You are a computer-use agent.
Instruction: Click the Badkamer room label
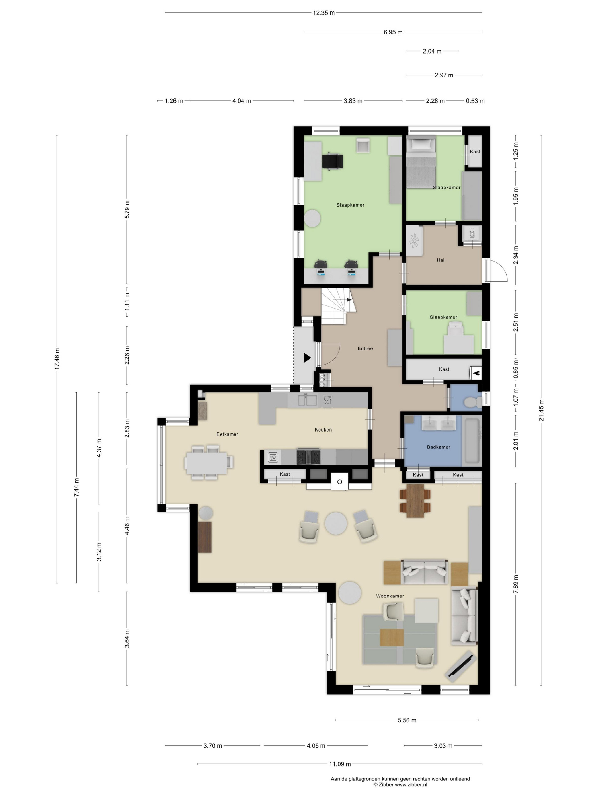point(438,447)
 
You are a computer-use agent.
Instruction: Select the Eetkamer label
point(227,434)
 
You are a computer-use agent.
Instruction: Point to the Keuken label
point(323,430)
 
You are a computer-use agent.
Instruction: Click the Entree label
point(365,348)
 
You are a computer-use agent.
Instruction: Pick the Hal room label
point(441,260)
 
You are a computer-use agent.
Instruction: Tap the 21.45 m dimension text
point(541,410)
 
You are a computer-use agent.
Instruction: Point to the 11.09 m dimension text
point(339,764)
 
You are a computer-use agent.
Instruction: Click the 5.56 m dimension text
point(407,720)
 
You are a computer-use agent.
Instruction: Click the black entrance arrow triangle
point(307,358)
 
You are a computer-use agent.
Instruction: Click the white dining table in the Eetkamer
point(206,463)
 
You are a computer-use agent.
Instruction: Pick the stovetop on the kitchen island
point(308,457)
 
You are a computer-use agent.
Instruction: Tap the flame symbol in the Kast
point(476,373)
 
